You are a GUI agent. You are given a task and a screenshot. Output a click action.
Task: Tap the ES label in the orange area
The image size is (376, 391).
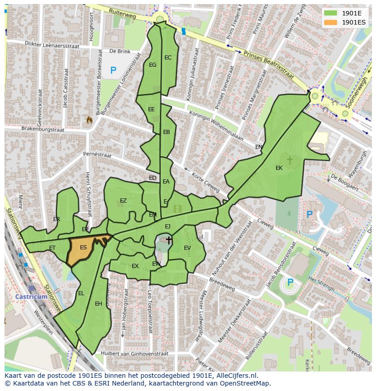pyautogui.click(x=83, y=247)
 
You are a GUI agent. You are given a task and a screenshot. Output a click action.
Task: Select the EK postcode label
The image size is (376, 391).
pyautogui.click(x=279, y=168)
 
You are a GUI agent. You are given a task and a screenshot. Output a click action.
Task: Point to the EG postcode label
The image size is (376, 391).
pyautogui.click(x=153, y=65)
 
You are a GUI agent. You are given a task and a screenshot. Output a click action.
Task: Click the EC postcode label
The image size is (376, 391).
pyautogui.click(x=168, y=58)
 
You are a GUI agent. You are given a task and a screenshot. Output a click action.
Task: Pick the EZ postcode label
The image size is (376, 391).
pyautogui.click(x=123, y=201)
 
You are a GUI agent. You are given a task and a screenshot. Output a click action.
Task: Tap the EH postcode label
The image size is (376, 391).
pyautogui.click(x=99, y=304)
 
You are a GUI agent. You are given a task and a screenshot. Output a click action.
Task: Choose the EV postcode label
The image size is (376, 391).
pyautogui.click(x=187, y=247)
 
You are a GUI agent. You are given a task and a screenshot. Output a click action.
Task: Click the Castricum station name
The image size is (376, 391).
pyautogui.click(x=31, y=297)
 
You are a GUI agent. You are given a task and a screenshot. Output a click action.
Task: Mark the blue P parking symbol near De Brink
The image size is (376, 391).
pyautogui.click(x=113, y=70)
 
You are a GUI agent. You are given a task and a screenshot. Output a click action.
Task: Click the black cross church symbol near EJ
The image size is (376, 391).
pyautogui.click(x=169, y=240)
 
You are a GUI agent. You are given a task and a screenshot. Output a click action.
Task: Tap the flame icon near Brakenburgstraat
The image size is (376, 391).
pyautogui.click(x=89, y=120)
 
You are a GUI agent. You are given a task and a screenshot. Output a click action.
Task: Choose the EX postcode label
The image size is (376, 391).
pyautogui.click(x=135, y=266)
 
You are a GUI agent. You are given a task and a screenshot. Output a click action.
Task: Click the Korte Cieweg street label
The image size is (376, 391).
pyautogui.click(x=205, y=182)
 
